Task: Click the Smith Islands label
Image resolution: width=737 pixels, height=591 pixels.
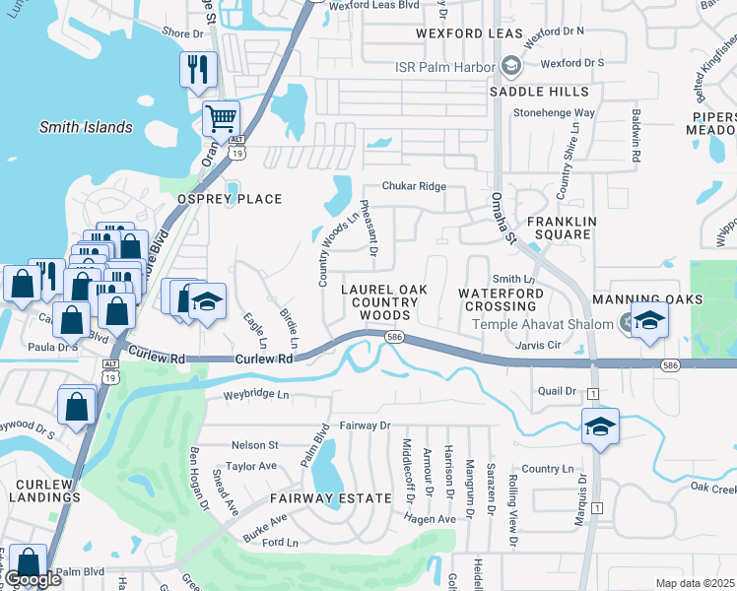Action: tap(86, 127)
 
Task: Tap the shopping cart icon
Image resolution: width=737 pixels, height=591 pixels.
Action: tap(221, 118)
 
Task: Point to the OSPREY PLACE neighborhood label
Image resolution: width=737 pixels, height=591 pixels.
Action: tap(229, 199)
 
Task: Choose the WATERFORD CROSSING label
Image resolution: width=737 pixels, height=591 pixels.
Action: tap(501, 299)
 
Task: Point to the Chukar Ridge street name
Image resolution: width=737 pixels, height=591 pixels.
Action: tap(415, 186)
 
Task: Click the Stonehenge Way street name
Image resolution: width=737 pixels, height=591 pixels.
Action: tap(554, 112)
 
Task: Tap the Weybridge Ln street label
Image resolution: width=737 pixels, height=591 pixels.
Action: tap(256, 394)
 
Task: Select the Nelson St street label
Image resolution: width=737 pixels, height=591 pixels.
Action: tap(254, 445)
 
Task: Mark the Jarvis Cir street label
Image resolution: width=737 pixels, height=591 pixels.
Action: tap(538, 346)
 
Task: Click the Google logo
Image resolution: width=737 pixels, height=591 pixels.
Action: tap(33, 579)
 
